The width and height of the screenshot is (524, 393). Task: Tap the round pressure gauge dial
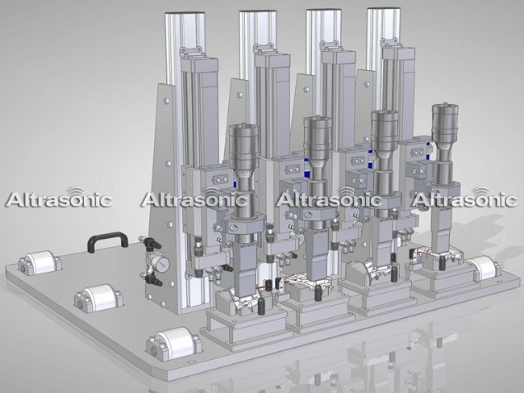pyautogui.click(x=162, y=264)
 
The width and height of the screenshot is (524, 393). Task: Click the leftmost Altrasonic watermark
pyautogui.click(x=59, y=199)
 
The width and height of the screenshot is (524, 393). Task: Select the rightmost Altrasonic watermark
pyautogui.click(x=464, y=199)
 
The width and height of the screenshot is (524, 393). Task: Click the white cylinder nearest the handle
pyautogui.click(x=41, y=262)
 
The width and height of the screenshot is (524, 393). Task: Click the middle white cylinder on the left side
pyautogui.click(x=99, y=298)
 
